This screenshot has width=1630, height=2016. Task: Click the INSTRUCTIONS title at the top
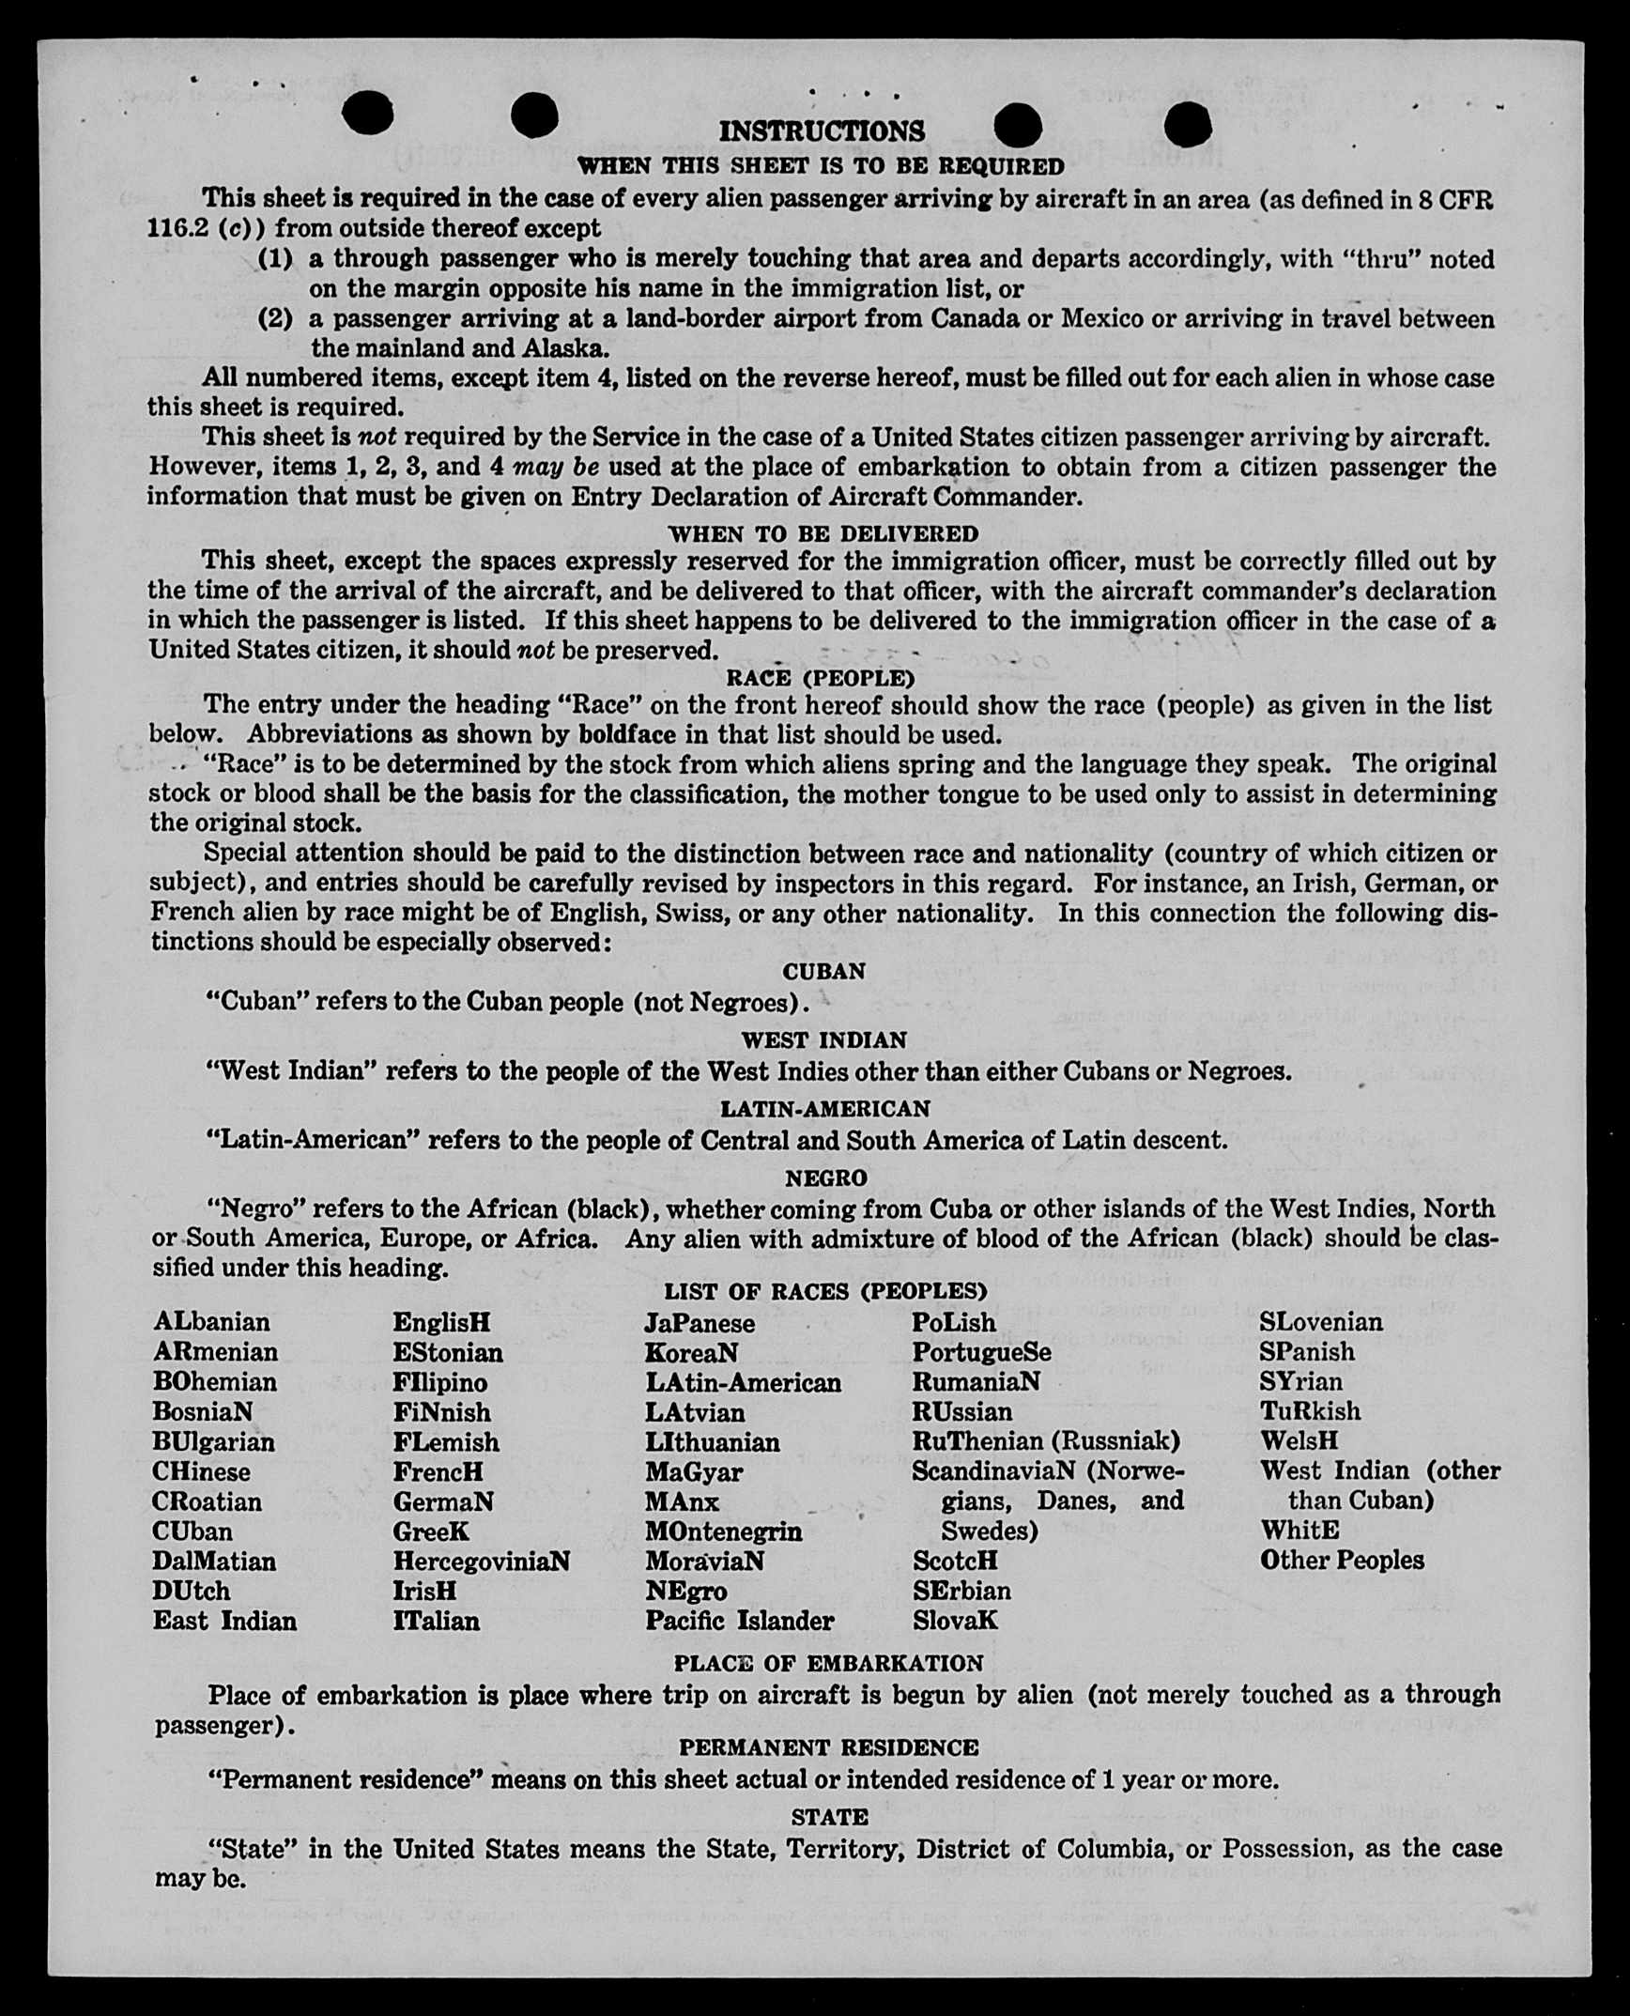(x=822, y=131)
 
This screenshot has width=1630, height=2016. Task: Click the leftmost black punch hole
(x=367, y=114)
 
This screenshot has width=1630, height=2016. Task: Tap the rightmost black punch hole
(x=1187, y=124)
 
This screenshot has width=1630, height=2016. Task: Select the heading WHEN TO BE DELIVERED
(x=823, y=533)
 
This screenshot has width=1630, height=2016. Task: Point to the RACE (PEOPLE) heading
(x=820, y=677)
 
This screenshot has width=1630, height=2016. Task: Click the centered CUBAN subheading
(x=823, y=971)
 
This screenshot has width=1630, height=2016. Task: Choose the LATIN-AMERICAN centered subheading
(x=824, y=1109)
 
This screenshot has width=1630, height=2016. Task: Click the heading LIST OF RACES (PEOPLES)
(x=825, y=1291)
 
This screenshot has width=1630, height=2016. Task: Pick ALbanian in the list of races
(x=211, y=1322)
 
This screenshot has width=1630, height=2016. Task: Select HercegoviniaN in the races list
(x=481, y=1561)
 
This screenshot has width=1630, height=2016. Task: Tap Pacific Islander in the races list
(x=739, y=1621)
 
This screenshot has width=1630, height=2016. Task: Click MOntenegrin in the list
(x=723, y=1531)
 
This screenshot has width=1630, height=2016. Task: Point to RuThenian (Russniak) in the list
(x=1046, y=1441)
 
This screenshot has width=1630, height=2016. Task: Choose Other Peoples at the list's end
(x=1341, y=1560)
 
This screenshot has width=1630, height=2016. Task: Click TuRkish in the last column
(x=1310, y=1411)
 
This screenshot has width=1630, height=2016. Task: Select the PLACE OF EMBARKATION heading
(x=828, y=1663)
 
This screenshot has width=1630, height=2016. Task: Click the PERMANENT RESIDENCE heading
(x=828, y=1747)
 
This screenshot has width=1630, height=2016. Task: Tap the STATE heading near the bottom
(x=829, y=1817)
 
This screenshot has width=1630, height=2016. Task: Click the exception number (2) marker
(x=275, y=318)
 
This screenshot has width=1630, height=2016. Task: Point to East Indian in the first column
(x=224, y=1621)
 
